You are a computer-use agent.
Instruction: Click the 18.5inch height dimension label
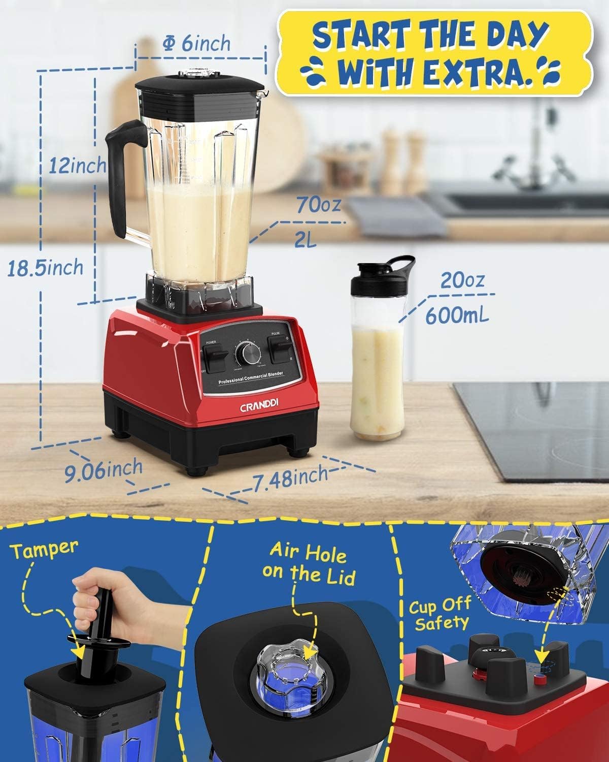(x=45, y=267)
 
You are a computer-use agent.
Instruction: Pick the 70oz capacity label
(x=318, y=206)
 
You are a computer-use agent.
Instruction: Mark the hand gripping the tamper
(x=102, y=599)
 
